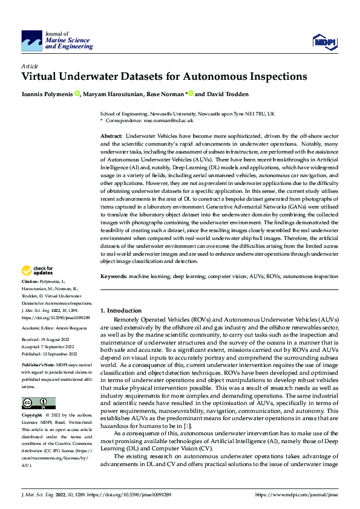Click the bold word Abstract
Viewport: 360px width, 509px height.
tap(111, 138)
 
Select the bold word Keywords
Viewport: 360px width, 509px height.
tap(114, 275)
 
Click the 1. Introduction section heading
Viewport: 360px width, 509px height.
tap(121, 310)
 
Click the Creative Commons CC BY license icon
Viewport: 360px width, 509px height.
tap(38, 403)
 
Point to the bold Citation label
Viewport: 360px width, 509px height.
tap(30, 282)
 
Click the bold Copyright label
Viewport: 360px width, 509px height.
tap(32, 417)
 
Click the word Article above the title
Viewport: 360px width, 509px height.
tap(30, 66)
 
